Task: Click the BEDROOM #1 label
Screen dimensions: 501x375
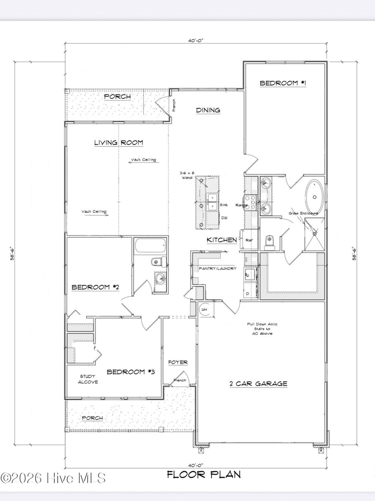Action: pos(283,83)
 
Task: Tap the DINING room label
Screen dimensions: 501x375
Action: pos(208,110)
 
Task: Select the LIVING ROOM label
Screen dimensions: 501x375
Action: pos(118,143)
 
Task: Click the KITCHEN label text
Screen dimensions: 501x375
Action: pos(222,240)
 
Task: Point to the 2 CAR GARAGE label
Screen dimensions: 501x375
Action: pos(258,384)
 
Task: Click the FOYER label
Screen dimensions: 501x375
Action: pos(178,362)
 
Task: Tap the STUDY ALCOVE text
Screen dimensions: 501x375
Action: pos(88,379)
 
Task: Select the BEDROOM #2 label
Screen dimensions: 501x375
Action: pos(95,287)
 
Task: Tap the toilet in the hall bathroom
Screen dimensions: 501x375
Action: pos(158,262)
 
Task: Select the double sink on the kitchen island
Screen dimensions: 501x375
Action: pos(213,202)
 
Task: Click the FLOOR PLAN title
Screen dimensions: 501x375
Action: pos(204,475)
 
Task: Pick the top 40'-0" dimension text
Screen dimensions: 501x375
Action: pos(196,41)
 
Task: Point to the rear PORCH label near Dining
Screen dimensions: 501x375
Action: pos(117,96)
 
